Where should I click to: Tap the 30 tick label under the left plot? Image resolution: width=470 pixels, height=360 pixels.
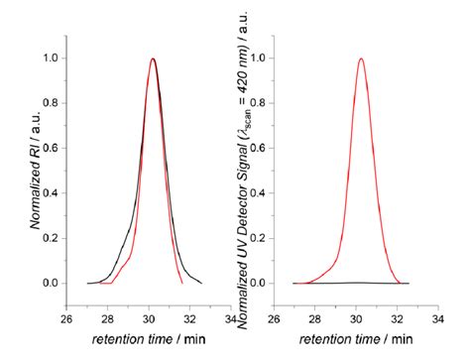coord(149,319)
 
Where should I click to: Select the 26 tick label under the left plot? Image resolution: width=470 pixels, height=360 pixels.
coord(66,319)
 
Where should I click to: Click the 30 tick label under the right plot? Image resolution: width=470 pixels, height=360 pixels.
coord(358,319)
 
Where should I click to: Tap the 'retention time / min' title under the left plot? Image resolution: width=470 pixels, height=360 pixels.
coord(150,341)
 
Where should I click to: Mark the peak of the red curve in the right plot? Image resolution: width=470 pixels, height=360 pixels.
coord(361,59)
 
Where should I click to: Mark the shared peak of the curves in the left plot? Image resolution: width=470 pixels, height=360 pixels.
coord(153,59)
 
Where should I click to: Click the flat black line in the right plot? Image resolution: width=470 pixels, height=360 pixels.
coord(327,283)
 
